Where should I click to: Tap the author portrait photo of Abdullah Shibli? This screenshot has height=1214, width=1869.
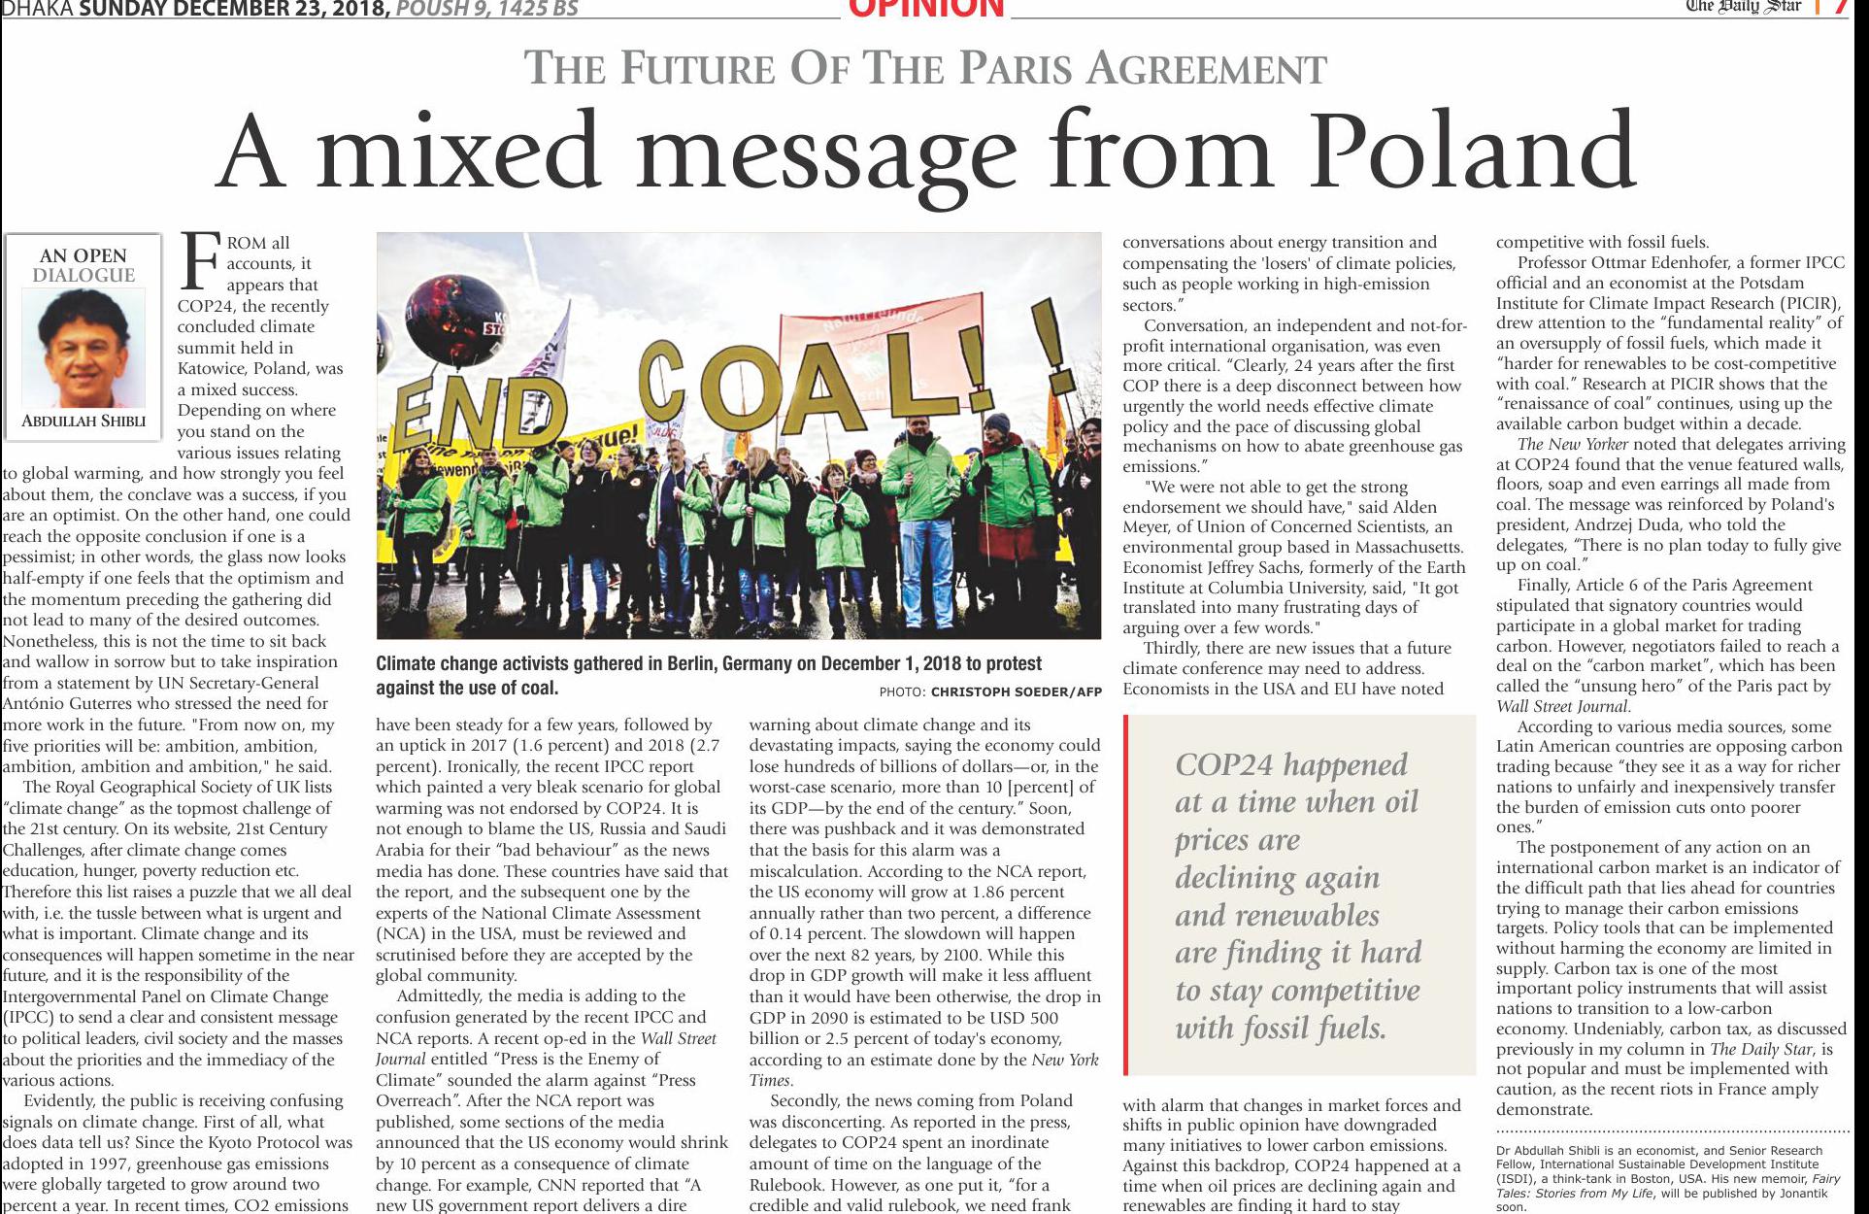click(83, 348)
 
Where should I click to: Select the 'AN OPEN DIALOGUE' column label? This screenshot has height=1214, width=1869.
click(83, 264)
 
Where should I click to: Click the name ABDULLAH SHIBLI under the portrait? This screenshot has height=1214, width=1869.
click(83, 421)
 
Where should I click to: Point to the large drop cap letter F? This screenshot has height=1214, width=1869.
click(198, 261)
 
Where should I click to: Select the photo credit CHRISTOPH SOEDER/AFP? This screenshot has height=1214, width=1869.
click(1016, 692)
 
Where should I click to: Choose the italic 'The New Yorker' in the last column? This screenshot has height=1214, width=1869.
click(1572, 444)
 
